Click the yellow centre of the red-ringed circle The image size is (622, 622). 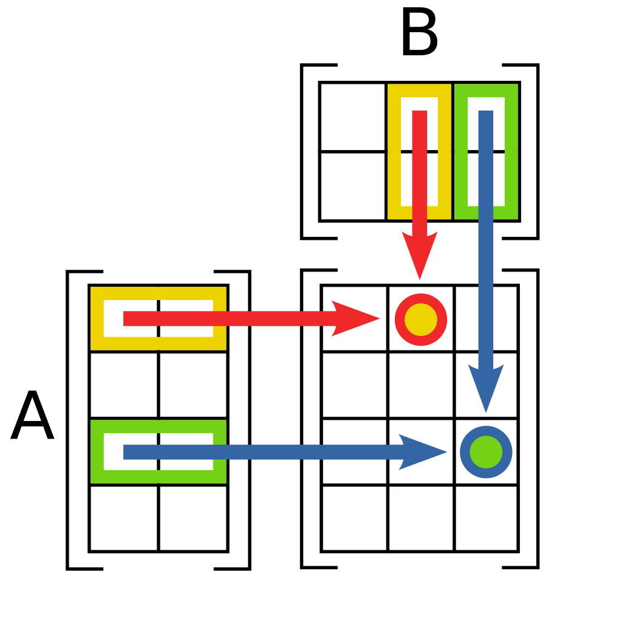[421, 320]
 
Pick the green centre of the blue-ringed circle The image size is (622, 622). [486, 452]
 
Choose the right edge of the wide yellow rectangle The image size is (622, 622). [219, 304]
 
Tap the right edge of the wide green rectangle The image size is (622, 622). [219, 437]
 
